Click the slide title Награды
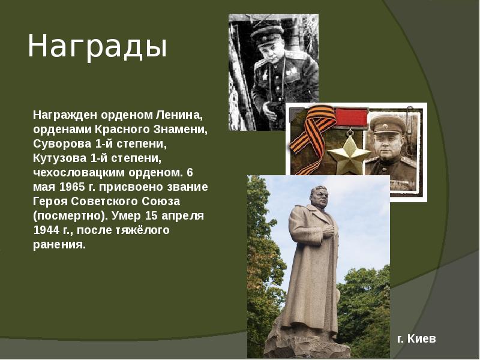pos(97,47)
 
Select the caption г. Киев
pos(416,339)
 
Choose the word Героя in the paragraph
pos(50,201)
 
